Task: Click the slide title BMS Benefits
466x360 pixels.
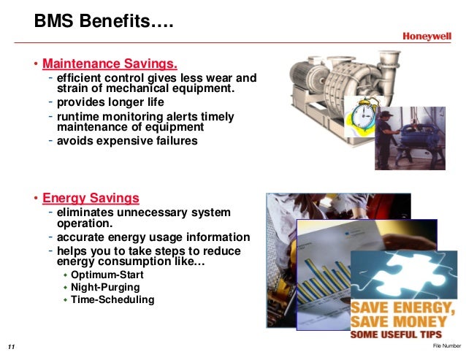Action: (104, 23)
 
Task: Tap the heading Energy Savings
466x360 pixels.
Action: (91, 198)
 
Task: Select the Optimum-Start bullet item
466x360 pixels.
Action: (107, 275)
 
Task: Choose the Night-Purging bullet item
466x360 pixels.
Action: (105, 287)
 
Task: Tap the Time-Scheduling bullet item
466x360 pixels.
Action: (112, 299)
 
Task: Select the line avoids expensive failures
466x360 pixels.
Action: (127, 141)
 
